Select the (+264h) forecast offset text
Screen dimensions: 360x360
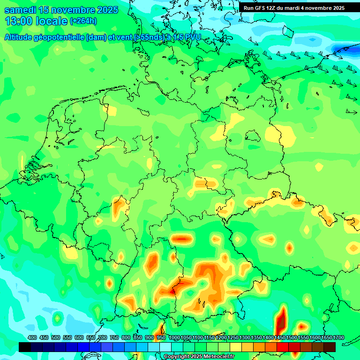(83, 21)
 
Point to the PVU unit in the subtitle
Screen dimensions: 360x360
(191, 37)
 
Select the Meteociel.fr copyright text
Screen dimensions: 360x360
(199, 357)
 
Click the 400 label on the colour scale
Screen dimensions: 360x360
(32, 337)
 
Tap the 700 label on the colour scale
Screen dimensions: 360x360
(103, 337)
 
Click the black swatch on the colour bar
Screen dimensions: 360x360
(25, 347)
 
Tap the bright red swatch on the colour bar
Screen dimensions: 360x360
(283, 347)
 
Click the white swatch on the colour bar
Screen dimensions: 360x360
(165, 347)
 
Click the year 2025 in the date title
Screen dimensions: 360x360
(105, 10)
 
